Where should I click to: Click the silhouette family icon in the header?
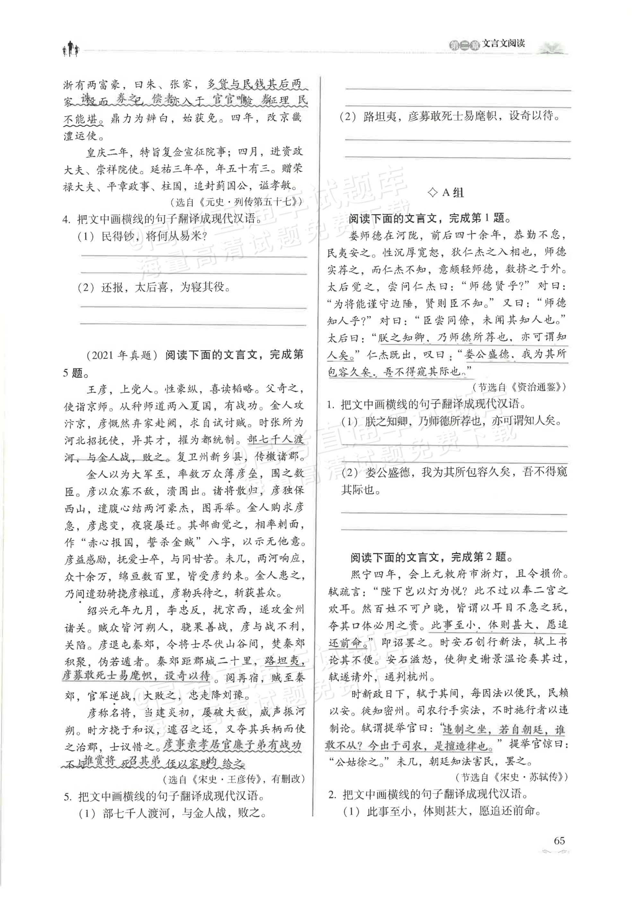[x=71, y=49]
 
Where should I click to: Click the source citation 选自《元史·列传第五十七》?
[x=237, y=202]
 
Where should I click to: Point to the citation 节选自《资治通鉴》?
[x=519, y=387]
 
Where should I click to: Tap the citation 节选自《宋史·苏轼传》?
[x=511, y=777]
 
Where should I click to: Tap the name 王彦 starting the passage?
[x=97, y=389]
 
